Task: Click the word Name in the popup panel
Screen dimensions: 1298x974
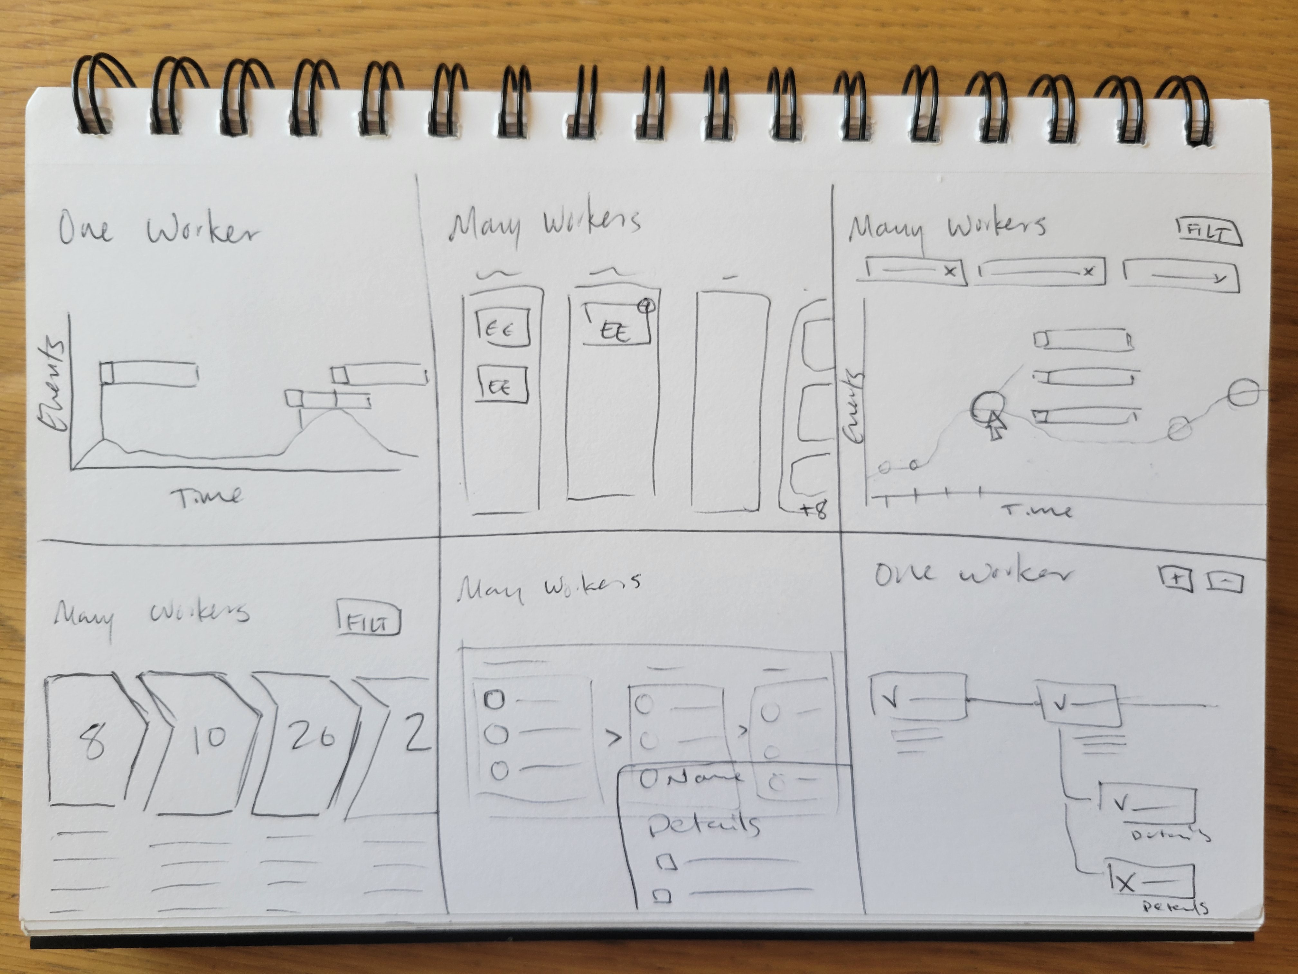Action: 704,778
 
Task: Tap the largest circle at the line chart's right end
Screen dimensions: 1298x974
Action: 1243,393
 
